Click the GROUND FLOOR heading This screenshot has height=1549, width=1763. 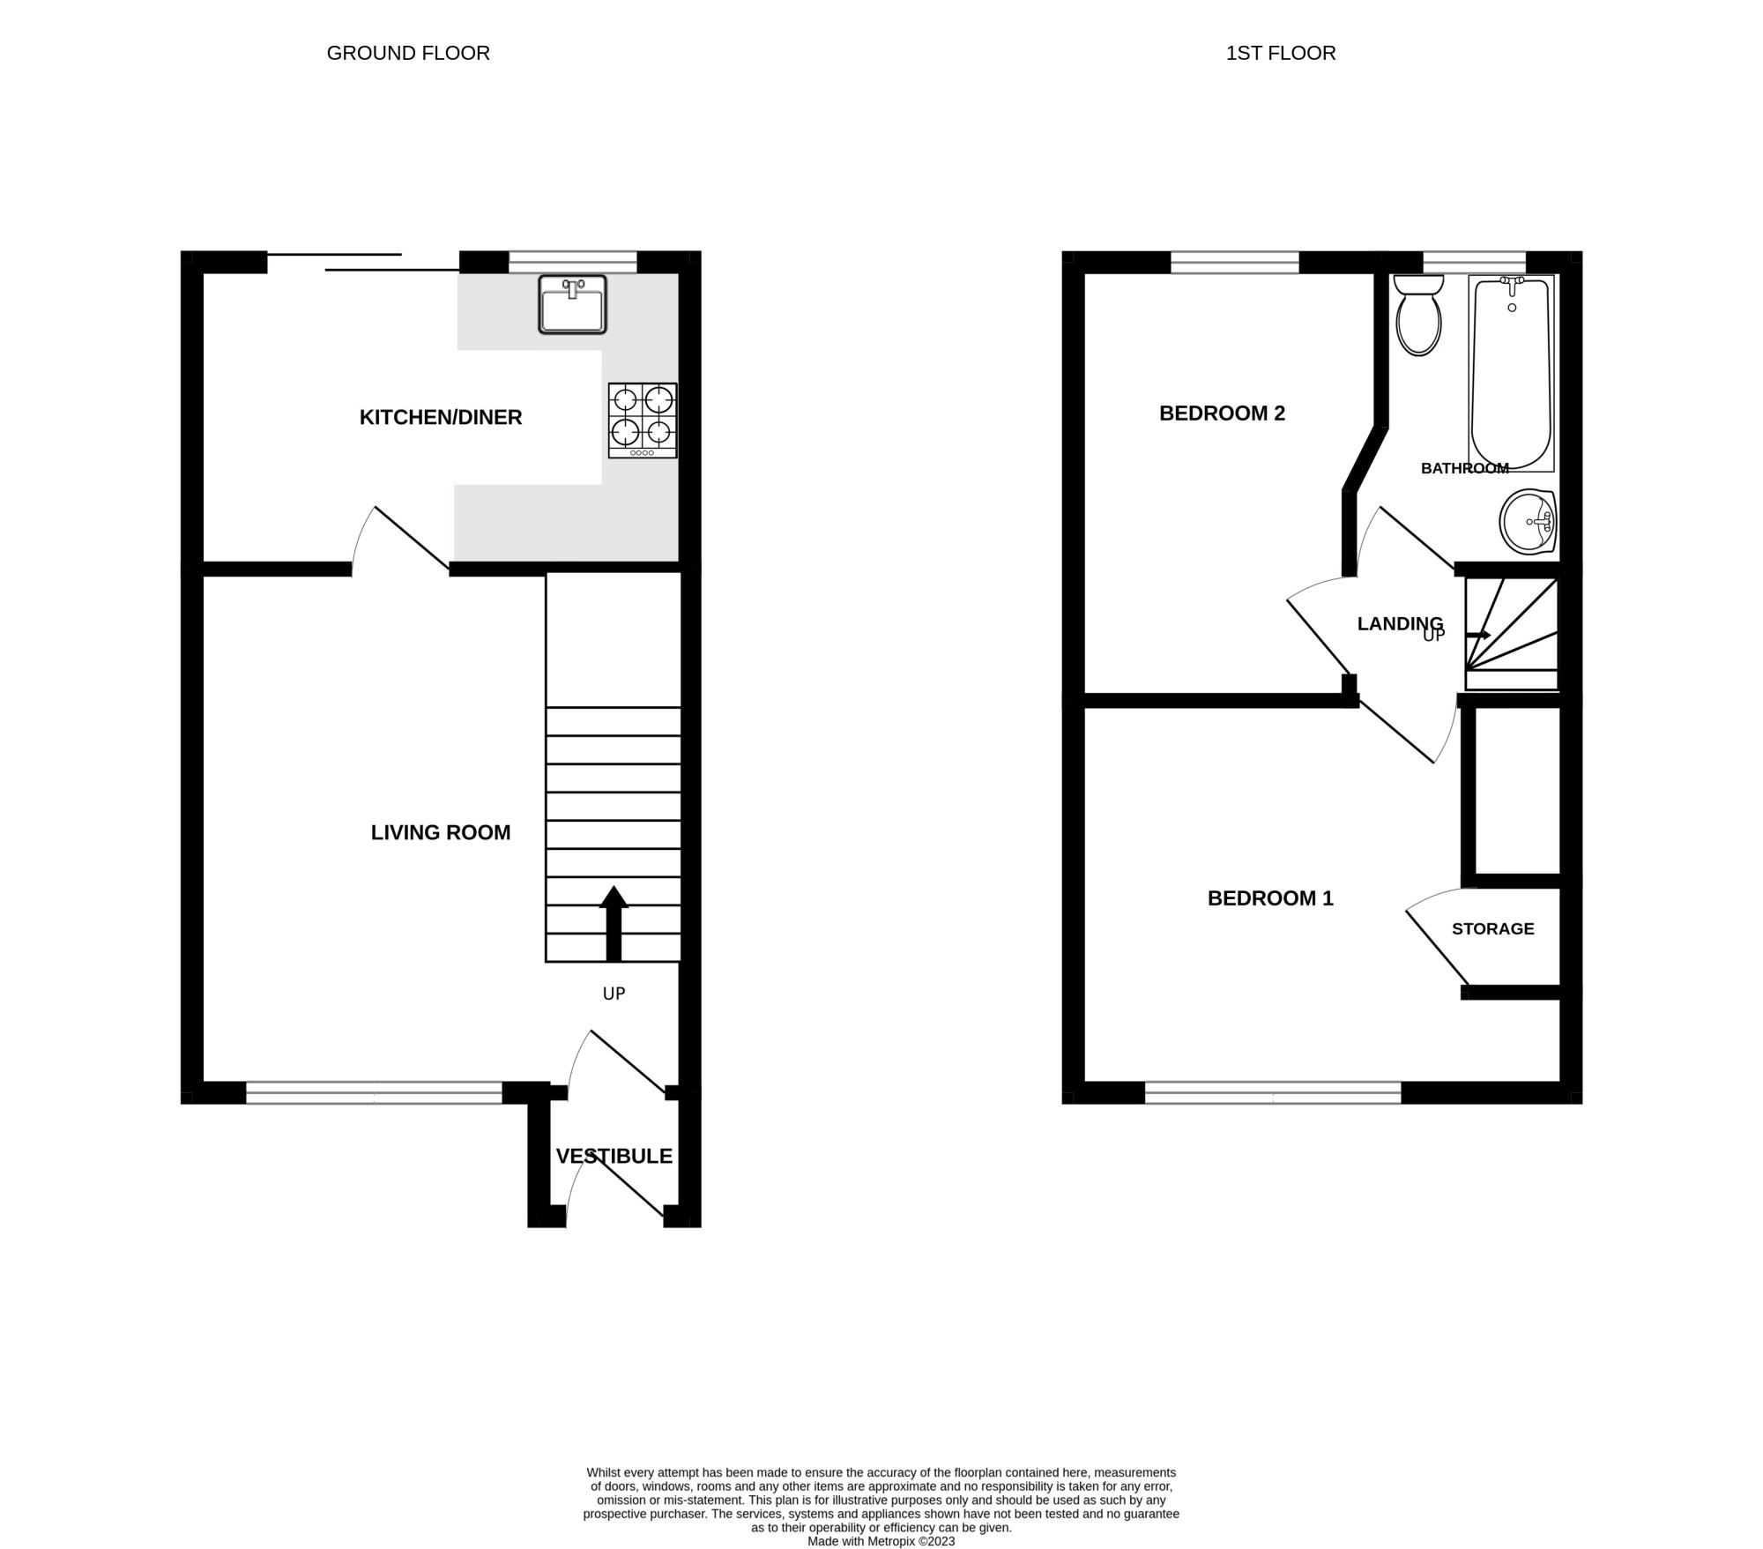(x=408, y=53)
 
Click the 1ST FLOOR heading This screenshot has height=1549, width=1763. (x=1281, y=53)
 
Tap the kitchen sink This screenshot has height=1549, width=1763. (x=573, y=304)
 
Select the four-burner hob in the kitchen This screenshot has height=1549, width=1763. (x=643, y=421)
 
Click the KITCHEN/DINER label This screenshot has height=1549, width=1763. (x=441, y=417)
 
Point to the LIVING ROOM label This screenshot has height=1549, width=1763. (x=441, y=832)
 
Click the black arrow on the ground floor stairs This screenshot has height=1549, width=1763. (x=614, y=923)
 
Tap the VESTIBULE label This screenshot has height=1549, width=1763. (x=614, y=1156)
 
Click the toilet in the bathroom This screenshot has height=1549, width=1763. (x=1419, y=315)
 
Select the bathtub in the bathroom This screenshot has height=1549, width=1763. (x=1512, y=373)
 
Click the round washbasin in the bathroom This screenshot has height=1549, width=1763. (x=1529, y=522)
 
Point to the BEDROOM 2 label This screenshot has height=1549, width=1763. (x=1222, y=413)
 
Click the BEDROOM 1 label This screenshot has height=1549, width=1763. (x=1270, y=898)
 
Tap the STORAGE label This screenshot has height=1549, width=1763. (x=1493, y=928)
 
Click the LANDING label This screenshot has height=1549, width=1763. (x=1400, y=624)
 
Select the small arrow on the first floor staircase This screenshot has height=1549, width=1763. (x=1478, y=635)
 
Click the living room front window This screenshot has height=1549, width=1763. (x=374, y=1093)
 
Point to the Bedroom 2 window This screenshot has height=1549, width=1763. (x=1235, y=263)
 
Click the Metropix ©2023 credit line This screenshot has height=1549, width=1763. (x=881, y=1541)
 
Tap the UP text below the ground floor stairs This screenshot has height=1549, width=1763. (x=614, y=994)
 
